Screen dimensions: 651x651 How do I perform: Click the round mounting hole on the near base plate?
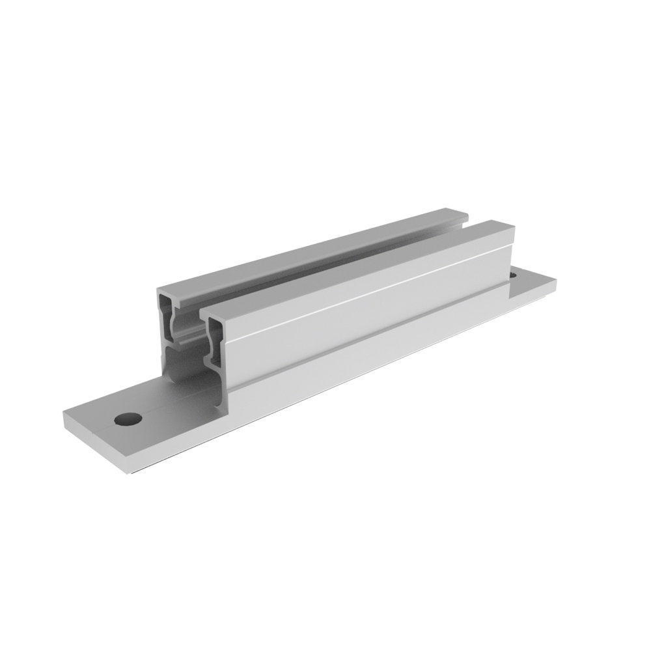[128, 419]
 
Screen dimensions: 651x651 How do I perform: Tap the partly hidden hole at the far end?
[512, 276]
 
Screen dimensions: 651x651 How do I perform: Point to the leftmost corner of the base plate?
[63, 414]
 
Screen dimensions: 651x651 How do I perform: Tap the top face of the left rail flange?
[312, 251]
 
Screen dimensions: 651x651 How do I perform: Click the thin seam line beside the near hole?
[98, 430]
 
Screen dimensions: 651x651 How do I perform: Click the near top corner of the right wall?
[202, 313]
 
